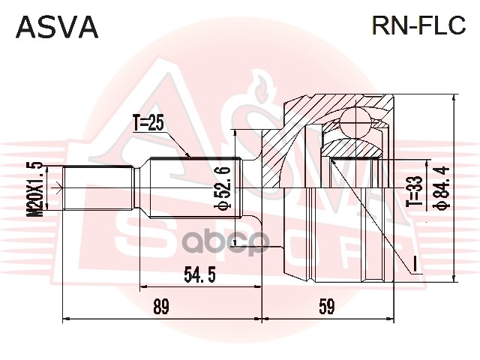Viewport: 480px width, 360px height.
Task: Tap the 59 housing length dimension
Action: click(x=325, y=307)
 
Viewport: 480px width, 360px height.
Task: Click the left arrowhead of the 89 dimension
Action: click(x=64, y=319)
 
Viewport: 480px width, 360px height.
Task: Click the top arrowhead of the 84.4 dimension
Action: click(x=454, y=97)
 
